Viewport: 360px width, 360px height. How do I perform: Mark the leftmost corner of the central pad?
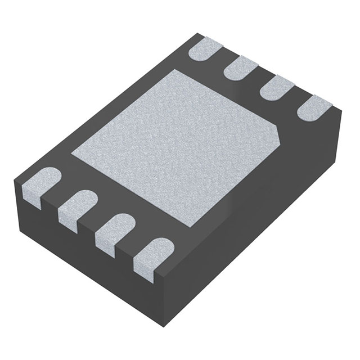(71, 152)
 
